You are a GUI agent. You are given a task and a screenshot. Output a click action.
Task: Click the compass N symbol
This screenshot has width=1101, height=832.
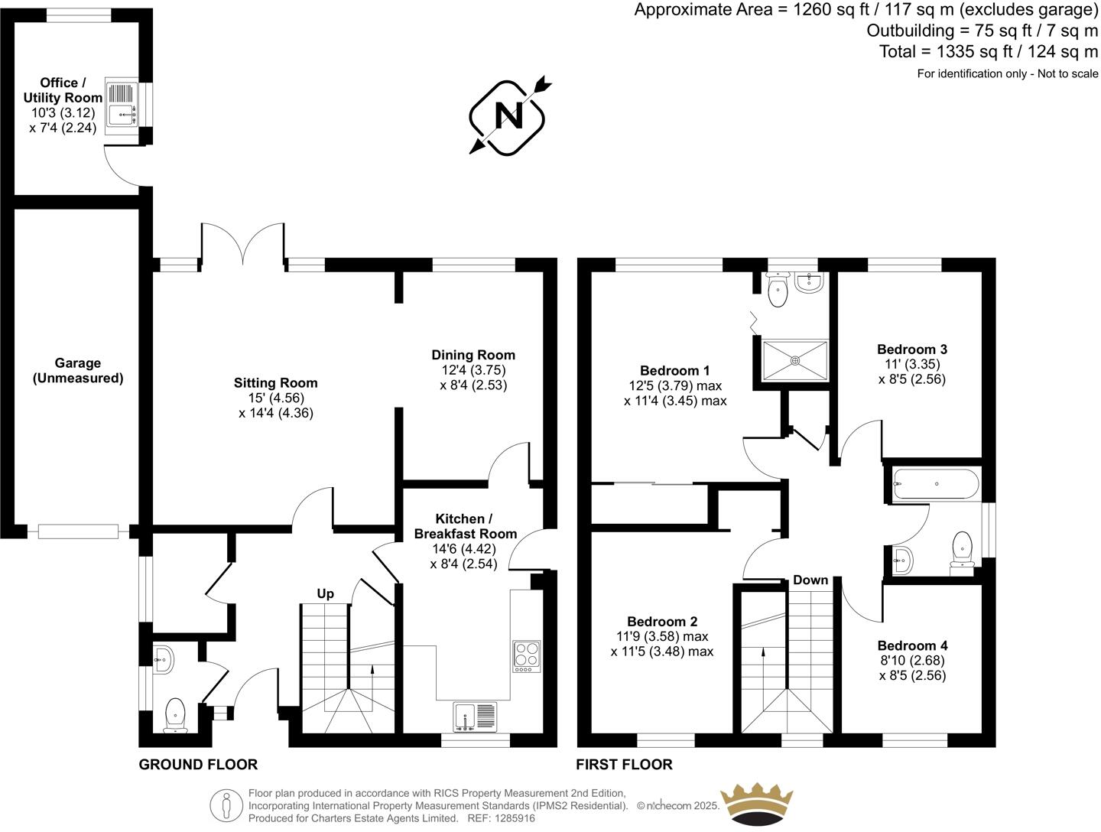click(x=508, y=116)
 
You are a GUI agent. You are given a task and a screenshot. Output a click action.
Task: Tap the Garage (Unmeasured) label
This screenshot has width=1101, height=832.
click(x=78, y=371)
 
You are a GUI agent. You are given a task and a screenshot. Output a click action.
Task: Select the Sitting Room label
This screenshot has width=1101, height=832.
click(x=275, y=383)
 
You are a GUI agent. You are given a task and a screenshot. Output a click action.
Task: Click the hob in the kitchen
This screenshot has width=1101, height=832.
click(x=526, y=656)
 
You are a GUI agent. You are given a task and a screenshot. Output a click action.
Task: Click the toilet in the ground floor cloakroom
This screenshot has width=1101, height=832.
click(x=175, y=714)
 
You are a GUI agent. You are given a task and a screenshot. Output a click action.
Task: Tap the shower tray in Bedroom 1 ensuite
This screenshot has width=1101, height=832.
click(x=795, y=360)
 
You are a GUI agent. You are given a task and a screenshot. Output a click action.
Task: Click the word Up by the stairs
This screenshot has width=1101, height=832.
click(x=326, y=593)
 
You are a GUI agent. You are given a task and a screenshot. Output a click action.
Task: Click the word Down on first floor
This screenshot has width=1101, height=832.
click(x=810, y=580)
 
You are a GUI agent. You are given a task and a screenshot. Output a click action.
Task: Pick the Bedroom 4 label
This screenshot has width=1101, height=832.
click(x=912, y=645)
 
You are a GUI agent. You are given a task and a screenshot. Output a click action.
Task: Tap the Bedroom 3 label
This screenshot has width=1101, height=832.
click(x=912, y=349)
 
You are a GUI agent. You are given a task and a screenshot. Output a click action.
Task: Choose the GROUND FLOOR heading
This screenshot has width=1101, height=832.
click(x=198, y=764)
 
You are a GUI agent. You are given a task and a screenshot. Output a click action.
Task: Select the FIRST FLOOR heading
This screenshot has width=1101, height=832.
click(x=625, y=764)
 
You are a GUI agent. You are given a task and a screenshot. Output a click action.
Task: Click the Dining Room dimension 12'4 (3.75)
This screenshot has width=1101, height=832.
click(x=473, y=370)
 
